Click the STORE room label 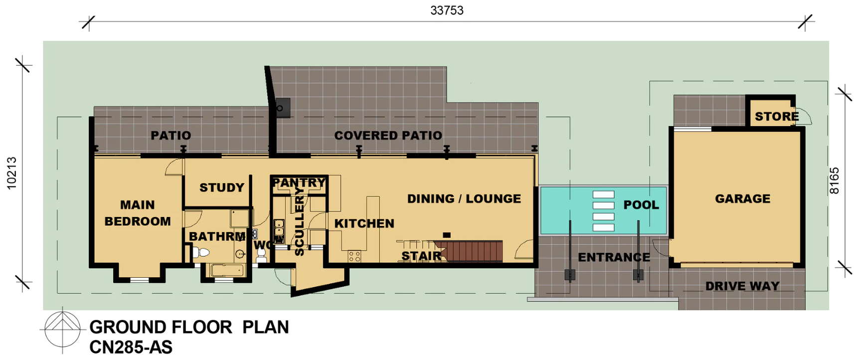777,116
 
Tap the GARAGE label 743,198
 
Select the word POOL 641,205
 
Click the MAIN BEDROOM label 138,213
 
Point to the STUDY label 222,187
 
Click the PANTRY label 299,182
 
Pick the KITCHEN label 364,223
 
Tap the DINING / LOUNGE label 464,198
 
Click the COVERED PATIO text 388,136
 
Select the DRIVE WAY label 742,286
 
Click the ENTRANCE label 614,257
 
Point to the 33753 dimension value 447,10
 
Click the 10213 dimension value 12,173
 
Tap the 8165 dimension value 834,181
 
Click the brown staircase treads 468,251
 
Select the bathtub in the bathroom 227,270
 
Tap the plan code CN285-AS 131,348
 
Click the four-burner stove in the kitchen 354,256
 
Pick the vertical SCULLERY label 299,221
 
